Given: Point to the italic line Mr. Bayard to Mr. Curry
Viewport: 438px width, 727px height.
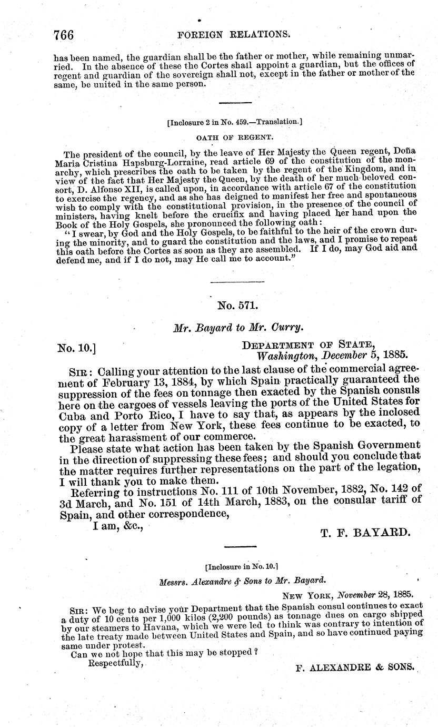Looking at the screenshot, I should click(238, 327).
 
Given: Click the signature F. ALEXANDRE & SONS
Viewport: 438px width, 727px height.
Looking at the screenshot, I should click(355, 666).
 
